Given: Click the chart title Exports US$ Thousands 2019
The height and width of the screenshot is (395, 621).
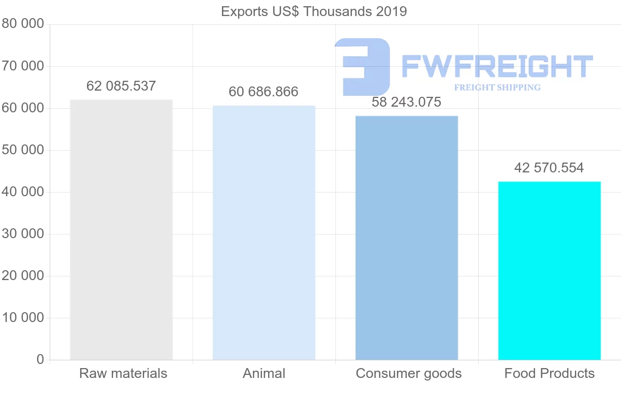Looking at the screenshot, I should pyautogui.click(x=314, y=11).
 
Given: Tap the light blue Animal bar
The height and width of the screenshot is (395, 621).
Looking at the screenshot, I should pyautogui.click(x=264, y=232).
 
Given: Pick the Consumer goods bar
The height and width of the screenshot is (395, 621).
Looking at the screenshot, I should pyautogui.click(x=407, y=238).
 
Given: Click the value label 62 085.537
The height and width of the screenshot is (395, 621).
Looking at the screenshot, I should pyautogui.click(x=121, y=86).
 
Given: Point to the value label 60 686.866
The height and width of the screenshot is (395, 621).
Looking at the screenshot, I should pyautogui.click(x=263, y=92).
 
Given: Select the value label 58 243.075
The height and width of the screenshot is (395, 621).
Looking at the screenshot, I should pyautogui.click(x=406, y=103).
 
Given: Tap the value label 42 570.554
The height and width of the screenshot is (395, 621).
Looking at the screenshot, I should pyautogui.click(x=549, y=168).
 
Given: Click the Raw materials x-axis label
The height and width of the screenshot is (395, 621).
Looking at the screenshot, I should pyautogui.click(x=123, y=373).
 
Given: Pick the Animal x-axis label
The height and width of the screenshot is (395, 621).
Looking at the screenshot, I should pyautogui.click(x=264, y=373).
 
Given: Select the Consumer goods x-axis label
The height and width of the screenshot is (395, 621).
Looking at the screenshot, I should pyautogui.click(x=409, y=373).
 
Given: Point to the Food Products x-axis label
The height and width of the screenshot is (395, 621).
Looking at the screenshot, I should pyautogui.click(x=550, y=373).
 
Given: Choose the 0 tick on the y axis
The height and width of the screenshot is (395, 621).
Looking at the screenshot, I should pyautogui.click(x=40, y=360).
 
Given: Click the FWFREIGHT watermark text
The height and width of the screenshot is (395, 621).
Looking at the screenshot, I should pyautogui.click(x=497, y=66).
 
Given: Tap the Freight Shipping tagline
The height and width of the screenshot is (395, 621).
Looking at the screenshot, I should pyautogui.click(x=497, y=87).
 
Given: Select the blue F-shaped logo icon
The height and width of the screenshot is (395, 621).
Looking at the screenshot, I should pyautogui.click(x=362, y=66).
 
